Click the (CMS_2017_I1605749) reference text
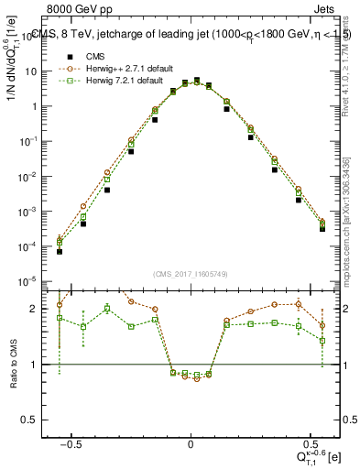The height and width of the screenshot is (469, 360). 191,274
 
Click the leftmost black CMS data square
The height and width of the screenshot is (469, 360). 60,251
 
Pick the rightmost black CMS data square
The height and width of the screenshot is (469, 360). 322,229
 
